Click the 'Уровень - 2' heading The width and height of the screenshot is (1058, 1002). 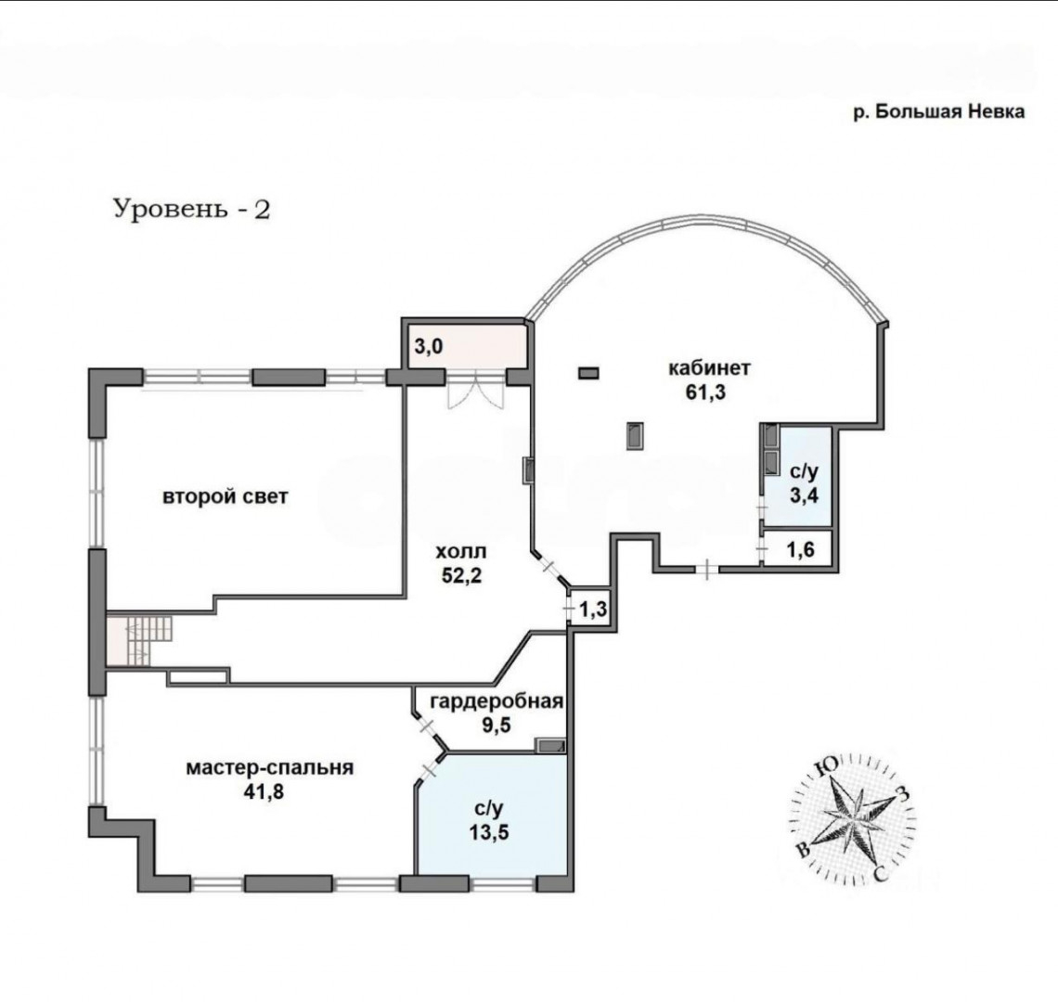tap(191, 209)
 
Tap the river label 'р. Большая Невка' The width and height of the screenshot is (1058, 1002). tap(939, 111)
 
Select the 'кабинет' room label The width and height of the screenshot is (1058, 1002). tap(709, 367)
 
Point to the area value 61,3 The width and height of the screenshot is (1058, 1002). tap(705, 392)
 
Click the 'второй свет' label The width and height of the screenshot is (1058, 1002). tap(226, 496)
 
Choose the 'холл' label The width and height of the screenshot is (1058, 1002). tap(461, 552)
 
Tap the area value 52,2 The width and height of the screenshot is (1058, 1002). tap(461, 575)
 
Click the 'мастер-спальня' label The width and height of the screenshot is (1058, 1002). tap(270, 768)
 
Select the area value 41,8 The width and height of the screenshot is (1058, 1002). tap(264, 791)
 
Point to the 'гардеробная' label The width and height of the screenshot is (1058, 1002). tap(497, 701)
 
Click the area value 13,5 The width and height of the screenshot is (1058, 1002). tap(490, 832)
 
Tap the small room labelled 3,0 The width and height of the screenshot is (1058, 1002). tap(466, 346)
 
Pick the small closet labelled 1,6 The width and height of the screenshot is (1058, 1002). tap(800, 550)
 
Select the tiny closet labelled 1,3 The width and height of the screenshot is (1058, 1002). tap(593, 610)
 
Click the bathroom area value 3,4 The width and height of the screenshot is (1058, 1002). tap(805, 495)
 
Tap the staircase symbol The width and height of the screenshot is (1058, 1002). tap(139, 639)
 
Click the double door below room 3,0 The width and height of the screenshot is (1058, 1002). tap(476, 391)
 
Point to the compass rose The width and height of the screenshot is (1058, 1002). tap(852, 817)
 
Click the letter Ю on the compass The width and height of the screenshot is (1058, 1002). tap(827, 765)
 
